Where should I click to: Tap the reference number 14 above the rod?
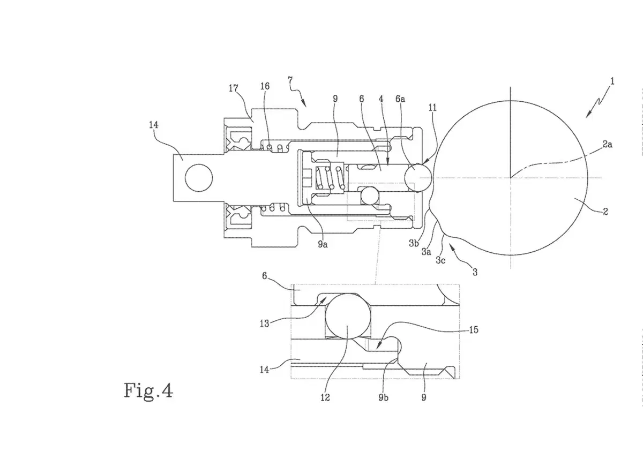[x=154, y=125]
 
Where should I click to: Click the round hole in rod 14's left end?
[x=199, y=178]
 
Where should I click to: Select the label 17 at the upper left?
[x=234, y=88]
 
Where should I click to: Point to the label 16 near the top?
[x=265, y=86]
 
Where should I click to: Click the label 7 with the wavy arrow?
[x=290, y=80]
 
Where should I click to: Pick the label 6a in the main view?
[x=400, y=99]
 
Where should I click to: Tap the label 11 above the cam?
[x=432, y=108]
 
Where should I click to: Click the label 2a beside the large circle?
[x=607, y=144]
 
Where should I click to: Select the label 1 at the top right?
[x=612, y=81]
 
